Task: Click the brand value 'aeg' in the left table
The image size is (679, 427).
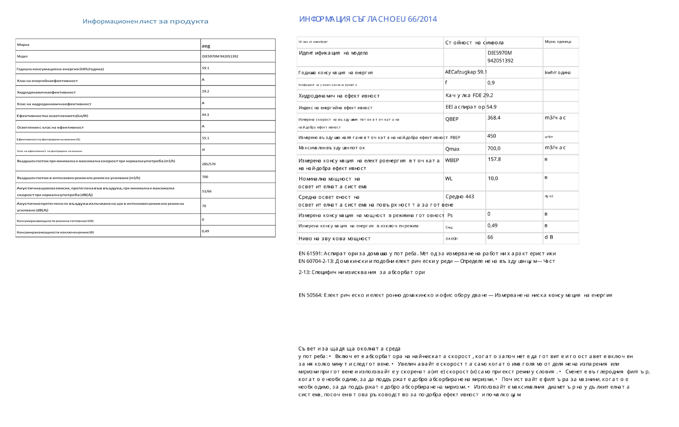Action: (206, 46)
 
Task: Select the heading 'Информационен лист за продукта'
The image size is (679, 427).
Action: (145, 21)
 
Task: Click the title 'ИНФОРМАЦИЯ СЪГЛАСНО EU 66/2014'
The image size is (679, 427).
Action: (368, 19)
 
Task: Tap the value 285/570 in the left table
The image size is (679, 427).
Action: (209, 164)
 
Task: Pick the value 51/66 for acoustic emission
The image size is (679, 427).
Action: (207, 191)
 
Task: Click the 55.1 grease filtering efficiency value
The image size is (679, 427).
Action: (206, 138)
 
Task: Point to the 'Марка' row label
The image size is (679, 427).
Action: (23, 45)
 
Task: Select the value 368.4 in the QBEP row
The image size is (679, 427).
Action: (494, 118)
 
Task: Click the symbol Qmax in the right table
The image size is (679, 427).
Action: (452, 149)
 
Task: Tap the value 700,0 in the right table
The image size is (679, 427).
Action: (494, 148)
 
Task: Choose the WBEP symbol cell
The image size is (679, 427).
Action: (452, 160)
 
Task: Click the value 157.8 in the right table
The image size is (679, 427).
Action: (494, 160)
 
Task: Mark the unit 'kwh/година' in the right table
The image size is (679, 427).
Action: (557, 73)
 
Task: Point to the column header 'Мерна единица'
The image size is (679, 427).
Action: (558, 42)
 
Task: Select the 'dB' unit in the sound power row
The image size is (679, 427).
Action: (549, 237)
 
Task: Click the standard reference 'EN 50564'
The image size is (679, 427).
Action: (310, 295)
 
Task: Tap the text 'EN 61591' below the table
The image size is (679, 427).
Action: (310, 253)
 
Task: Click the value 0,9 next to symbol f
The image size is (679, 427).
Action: (491, 83)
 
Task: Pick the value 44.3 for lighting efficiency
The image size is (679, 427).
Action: (206, 115)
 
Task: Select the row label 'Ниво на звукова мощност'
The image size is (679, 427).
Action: (334, 239)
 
